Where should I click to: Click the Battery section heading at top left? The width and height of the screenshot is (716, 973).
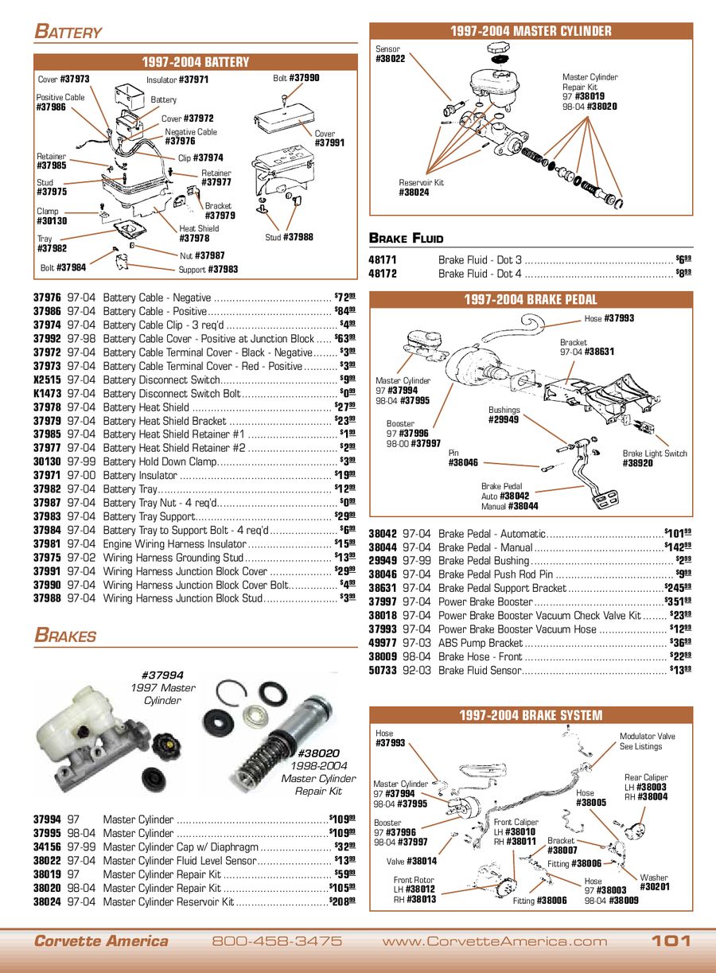click(x=68, y=32)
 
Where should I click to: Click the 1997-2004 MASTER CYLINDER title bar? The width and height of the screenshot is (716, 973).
click(x=531, y=31)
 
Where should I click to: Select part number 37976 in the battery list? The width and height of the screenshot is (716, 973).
click(x=48, y=298)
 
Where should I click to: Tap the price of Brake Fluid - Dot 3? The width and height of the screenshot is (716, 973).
click(x=683, y=259)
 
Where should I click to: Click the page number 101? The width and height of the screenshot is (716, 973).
click(x=671, y=941)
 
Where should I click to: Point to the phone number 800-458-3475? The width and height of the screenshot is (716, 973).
click(x=277, y=941)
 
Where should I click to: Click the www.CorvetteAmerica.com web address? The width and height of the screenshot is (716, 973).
click(x=494, y=941)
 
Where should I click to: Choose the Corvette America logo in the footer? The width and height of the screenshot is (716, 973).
click(x=101, y=941)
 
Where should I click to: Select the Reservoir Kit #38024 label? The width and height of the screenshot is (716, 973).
click(x=421, y=188)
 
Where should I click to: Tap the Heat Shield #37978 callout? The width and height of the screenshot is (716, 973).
click(x=199, y=233)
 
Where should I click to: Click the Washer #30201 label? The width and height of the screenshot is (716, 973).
click(x=654, y=882)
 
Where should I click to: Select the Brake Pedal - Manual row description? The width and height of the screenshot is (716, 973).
click(x=485, y=547)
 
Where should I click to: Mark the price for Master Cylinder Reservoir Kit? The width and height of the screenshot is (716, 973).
click(x=342, y=901)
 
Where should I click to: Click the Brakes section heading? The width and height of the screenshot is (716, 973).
click(x=65, y=636)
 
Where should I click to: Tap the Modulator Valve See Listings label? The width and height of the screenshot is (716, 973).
click(x=647, y=741)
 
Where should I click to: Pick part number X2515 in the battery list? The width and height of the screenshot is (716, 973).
click(x=47, y=379)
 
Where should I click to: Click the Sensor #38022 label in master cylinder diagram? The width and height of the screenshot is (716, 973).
click(x=390, y=54)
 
